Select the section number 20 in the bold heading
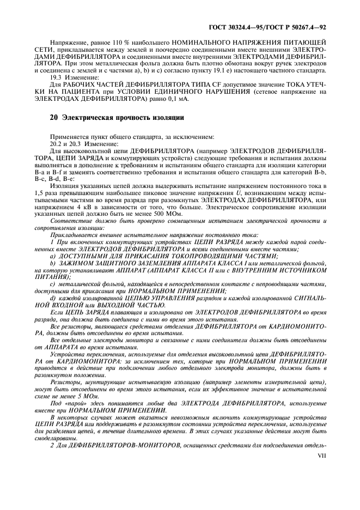coord(52,117)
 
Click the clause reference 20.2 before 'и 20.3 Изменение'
coord(57,142)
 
